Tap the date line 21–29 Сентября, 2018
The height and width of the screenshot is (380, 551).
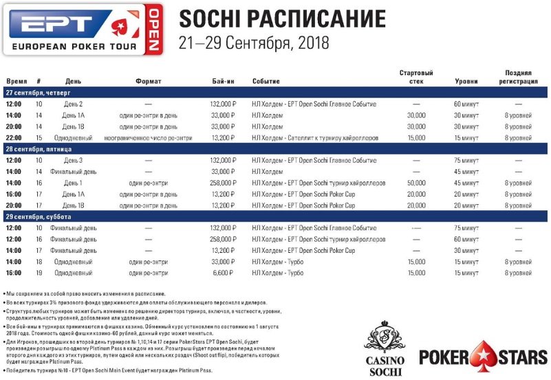tap(253, 43)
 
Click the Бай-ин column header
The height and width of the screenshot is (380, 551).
tap(224, 81)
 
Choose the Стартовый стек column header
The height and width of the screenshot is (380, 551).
tap(416, 77)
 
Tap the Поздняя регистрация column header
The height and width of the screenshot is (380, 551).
tap(519, 77)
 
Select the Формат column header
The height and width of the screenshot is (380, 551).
tap(148, 81)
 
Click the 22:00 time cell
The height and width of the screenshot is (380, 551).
tap(14, 137)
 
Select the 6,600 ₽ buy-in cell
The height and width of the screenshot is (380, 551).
tap(224, 273)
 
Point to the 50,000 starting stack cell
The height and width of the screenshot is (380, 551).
tap(416, 183)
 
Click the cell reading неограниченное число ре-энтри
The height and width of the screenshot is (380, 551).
tap(148, 137)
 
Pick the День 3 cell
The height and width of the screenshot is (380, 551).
tap(74, 160)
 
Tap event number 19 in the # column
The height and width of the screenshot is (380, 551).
tap(39, 273)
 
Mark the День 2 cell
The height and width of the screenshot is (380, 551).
tap(74, 104)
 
